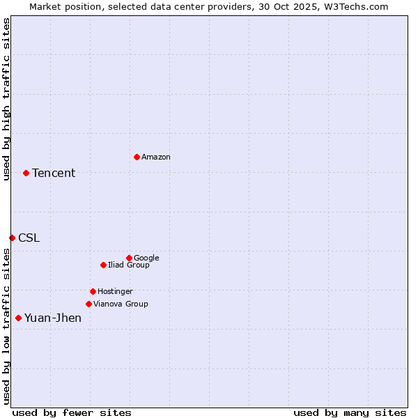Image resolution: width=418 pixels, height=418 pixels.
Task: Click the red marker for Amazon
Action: (137, 157)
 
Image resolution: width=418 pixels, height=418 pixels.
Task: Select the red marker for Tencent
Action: (26, 173)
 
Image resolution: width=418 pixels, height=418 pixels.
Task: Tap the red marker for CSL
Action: (12, 238)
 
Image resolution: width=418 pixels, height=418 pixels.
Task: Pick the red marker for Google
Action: (129, 258)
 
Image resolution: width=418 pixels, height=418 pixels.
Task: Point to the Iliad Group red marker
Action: (103, 265)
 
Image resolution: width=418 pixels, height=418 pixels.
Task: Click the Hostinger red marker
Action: (93, 291)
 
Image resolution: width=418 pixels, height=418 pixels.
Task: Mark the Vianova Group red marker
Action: (88, 304)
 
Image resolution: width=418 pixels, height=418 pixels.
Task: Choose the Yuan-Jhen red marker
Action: (18, 318)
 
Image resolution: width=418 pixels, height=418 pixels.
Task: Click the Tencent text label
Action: (54, 173)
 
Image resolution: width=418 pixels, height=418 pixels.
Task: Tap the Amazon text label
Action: (156, 157)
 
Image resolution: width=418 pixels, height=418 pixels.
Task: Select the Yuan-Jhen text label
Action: (53, 318)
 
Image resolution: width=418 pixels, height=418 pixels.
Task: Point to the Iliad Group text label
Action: (129, 265)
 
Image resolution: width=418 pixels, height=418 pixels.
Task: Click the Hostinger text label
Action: (115, 291)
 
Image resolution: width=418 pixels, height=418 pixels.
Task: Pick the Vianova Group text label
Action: (121, 304)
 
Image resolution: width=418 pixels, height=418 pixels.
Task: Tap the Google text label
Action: (146, 258)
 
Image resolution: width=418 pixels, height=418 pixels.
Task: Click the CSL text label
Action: (29, 238)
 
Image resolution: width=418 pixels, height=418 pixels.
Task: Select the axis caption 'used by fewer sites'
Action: (72, 412)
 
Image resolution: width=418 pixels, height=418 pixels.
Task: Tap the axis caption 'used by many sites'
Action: (350, 412)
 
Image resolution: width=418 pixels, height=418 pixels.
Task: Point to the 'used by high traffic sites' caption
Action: (6, 99)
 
